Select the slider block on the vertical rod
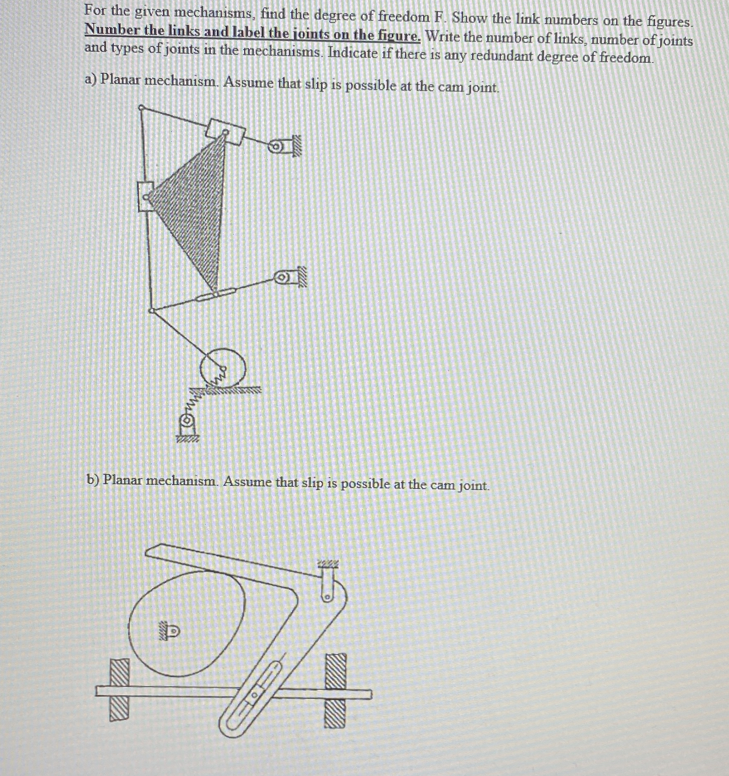click(145, 197)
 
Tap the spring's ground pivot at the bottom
click(187, 420)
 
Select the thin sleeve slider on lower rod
click(216, 295)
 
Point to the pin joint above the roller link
click(152, 310)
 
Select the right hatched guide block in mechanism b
click(335, 690)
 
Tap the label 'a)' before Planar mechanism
click(91, 79)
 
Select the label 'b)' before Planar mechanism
click(94, 480)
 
